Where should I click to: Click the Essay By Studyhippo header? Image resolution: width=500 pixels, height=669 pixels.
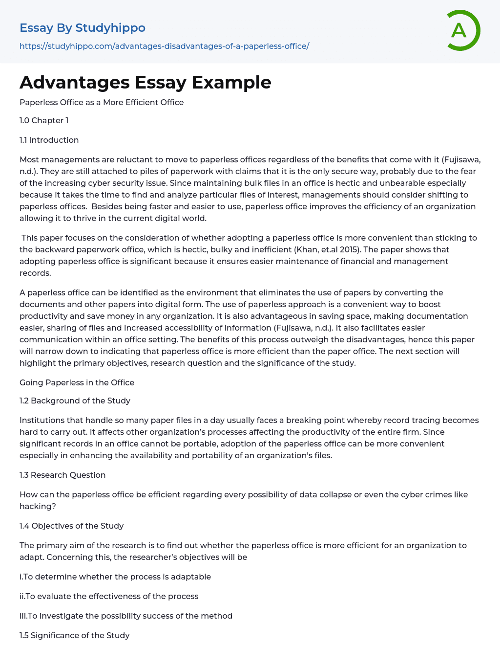tap(83, 28)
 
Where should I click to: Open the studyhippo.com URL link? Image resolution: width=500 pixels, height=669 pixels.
tap(164, 46)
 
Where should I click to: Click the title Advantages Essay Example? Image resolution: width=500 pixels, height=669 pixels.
tap(145, 82)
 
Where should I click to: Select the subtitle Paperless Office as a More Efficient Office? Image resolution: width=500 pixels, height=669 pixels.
tap(102, 102)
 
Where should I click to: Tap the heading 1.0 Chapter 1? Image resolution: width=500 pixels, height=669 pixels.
tap(44, 120)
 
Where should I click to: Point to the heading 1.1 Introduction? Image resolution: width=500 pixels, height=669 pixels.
tap(49, 140)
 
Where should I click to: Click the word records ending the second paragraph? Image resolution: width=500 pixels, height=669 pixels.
tap(35, 273)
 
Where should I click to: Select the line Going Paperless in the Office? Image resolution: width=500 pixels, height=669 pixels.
tap(77, 382)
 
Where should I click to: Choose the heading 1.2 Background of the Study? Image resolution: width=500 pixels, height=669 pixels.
tap(75, 401)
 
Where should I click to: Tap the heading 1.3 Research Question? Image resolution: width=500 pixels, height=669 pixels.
tap(62, 475)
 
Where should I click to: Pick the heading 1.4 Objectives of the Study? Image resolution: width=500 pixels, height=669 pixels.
tap(71, 526)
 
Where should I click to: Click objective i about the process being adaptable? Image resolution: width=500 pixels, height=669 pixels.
tap(115, 577)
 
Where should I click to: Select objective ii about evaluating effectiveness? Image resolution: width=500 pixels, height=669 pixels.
tap(109, 596)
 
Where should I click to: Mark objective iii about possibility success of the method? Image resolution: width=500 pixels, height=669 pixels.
tap(126, 616)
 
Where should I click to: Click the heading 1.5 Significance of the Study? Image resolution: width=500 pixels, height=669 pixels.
tap(74, 635)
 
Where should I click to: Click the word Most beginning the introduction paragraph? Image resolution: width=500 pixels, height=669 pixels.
tap(28, 159)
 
